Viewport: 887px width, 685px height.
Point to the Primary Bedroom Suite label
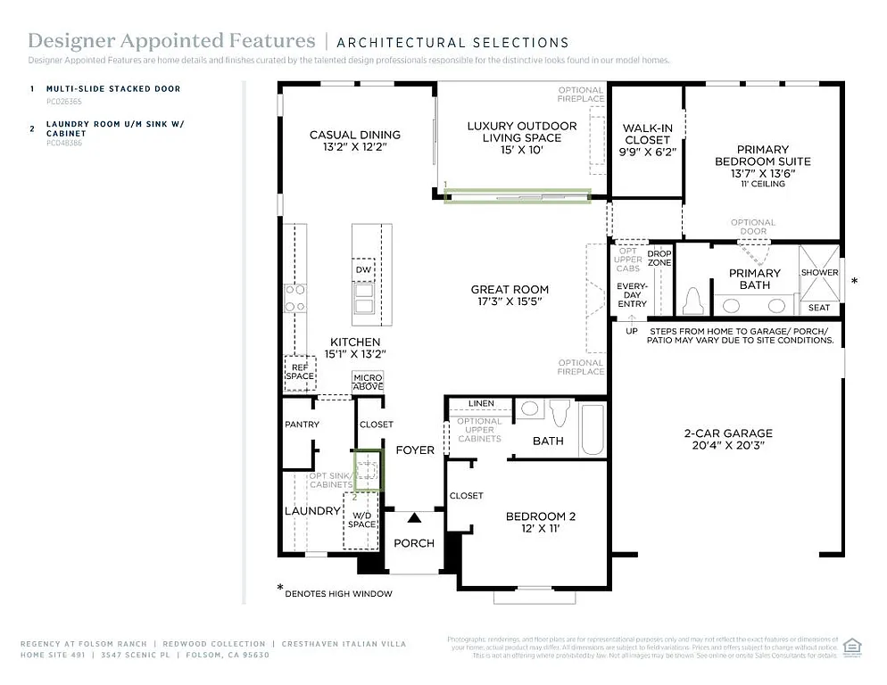(762, 155)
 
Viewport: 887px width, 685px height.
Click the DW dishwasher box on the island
(363, 269)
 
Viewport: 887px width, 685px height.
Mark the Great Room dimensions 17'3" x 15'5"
(510, 301)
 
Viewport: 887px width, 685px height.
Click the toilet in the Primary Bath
(692, 301)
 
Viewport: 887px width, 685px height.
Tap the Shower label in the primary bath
(819, 272)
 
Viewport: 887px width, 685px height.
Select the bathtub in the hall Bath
(593, 429)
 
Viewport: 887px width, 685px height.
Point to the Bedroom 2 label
(541, 516)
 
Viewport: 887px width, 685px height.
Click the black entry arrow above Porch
(413, 517)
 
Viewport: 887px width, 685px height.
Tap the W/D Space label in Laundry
(361, 520)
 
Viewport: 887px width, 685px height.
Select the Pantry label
(302, 425)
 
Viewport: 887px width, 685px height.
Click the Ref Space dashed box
(300, 371)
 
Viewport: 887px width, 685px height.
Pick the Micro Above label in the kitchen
(368, 382)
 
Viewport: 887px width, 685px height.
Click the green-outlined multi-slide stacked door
(518, 196)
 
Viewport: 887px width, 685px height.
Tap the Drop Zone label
(659, 258)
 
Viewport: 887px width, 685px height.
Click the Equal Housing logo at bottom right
(851, 646)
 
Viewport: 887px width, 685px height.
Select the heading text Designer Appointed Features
(171, 41)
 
